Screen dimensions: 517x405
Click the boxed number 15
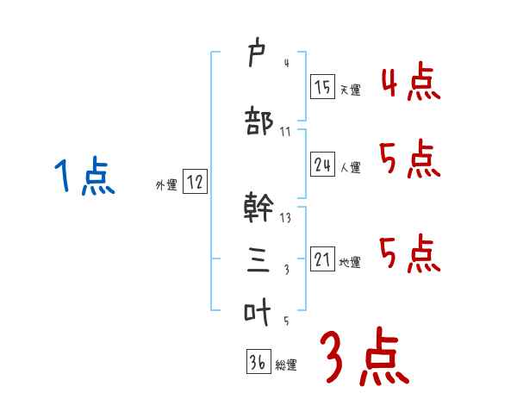pos(322,88)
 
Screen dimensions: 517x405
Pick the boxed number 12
pos(195,183)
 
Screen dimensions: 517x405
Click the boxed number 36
pos(258,362)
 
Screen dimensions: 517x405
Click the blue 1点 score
pos(84,177)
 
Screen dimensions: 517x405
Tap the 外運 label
pos(166,184)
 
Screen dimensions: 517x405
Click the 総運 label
pos(286,364)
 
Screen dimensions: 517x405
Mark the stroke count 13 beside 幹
pos(285,218)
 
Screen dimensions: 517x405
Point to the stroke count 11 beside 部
pos(285,132)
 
